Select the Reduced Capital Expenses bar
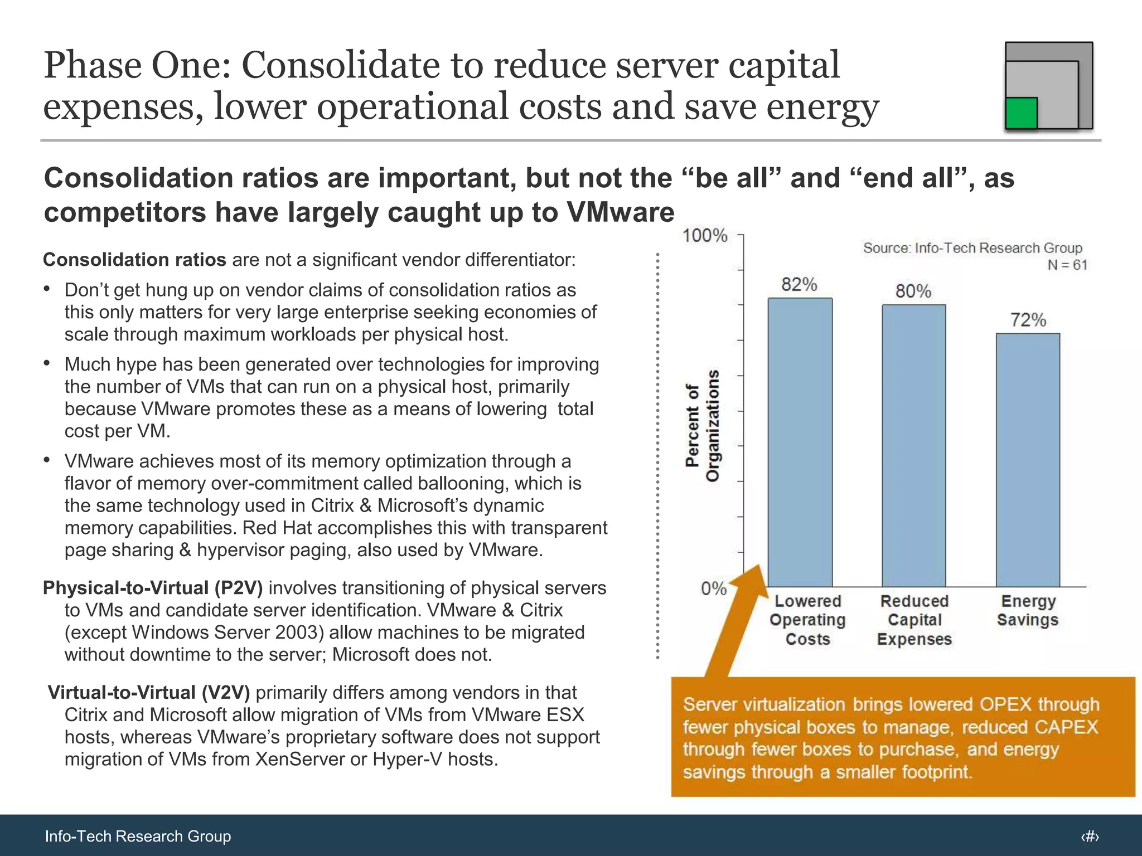pyautogui.click(x=913, y=445)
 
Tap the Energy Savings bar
pyautogui.click(x=1028, y=460)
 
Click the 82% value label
pyautogui.click(x=799, y=285)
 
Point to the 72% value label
pyautogui.click(x=1028, y=320)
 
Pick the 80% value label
pyautogui.click(x=913, y=291)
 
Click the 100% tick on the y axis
pyautogui.click(x=705, y=236)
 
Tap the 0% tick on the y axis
pyautogui.click(x=713, y=588)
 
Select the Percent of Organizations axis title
pyautogui.click(x=702, y=426)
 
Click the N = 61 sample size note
pyautogui.click(x=1067, y=265)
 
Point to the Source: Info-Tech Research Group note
pyautogui.click(x=972, y=248)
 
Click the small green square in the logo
pyautogui.click(x=1021, y=113)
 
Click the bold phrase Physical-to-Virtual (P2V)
pyautogui.click(x=153, y=588)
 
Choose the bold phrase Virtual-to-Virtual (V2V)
pyautogui.click(x=149, y=693)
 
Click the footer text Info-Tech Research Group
pyautogui.click(x=138, y=836)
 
